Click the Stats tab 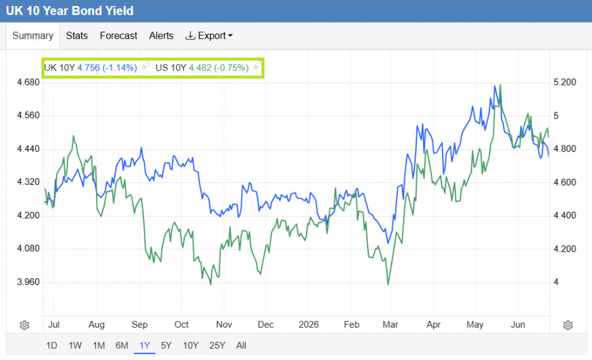click(77, 36)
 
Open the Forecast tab click(118, 36)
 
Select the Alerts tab click(161, 36)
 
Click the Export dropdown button click(209, 36)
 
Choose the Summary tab click(33, 36)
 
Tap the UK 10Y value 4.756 click(89, 68)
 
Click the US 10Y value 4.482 click(200, 68)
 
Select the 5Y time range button click(166, 346)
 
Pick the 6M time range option click(122, 346)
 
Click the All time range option click(241, 346)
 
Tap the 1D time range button click(52, 346)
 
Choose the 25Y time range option click(217, 346)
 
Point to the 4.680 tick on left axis click(28, 82)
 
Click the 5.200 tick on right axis click(565, 82)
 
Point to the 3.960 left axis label click(28, 282)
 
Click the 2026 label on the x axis click(308, 324)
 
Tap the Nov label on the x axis click(224, 324)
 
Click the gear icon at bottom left click(24, 325)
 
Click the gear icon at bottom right click(568, 325)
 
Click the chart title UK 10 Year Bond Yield click(70, 11)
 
